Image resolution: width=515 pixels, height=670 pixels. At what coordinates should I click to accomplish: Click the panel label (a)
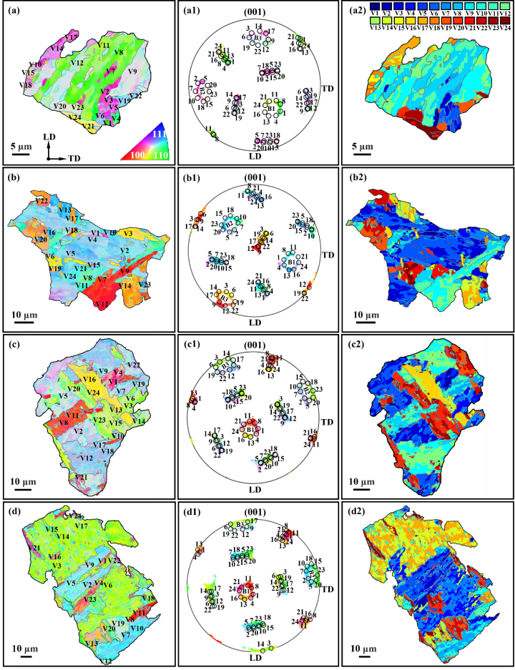[x=16, y=13]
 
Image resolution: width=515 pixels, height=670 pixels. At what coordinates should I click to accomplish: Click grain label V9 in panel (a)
[x=132, y=72]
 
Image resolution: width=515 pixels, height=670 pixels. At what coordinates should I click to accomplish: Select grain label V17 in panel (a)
[x=72, y=36]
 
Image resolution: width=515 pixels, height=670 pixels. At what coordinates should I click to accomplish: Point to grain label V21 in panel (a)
[x=89, y=127]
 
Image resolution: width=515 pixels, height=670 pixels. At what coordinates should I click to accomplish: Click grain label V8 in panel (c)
[x=63, y=423]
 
